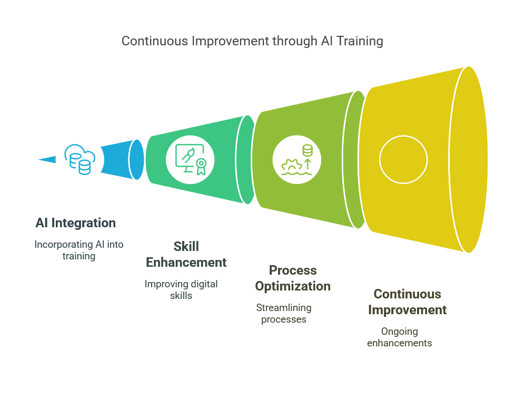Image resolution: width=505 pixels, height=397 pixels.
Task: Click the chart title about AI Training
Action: tap(252, 41)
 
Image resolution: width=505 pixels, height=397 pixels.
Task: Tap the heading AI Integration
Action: tap(76, 223)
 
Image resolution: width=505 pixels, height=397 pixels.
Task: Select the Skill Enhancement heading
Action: tap(186, 255)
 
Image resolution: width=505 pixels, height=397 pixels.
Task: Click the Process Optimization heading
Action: tap(293, 278)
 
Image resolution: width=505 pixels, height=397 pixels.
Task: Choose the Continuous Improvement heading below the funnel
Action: tap(408, 302)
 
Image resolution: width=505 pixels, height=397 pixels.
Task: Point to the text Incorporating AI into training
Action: tap(79, 250)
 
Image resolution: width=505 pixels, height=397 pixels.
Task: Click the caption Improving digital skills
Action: tap(181, 289)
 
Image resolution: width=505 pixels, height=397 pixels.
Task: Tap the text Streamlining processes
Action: tap(284, 314)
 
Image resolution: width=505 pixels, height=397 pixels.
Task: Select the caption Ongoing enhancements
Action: tap(399, 337)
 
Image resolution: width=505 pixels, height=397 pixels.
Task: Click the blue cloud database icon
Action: tap(80, 159)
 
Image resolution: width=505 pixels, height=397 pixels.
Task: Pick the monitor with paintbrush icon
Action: tap(190, 160)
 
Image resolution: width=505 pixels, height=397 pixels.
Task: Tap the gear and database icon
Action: tap(297, 160)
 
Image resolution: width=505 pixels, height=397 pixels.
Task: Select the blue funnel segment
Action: tap(122, 159)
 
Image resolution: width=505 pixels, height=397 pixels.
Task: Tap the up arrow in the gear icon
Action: tap(308, 163)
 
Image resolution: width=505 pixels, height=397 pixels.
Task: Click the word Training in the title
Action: tap(360, 42)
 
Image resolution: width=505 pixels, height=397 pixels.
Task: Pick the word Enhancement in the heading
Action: tap(186, 262)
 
